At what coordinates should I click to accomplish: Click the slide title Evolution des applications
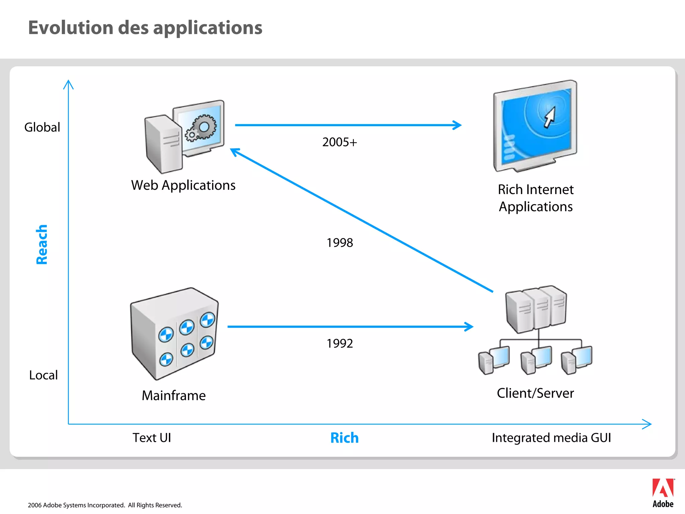click(145, 28)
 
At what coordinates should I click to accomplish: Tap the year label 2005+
click(339, 142)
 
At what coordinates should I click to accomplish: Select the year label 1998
click(339, 243)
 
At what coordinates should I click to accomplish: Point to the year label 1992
click(339, 344)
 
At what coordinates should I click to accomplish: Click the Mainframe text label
click(174, 396)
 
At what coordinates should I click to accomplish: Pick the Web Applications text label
click(183, 185)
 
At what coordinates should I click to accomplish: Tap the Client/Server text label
click(535, 393)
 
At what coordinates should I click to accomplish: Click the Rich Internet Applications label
click(535, 198)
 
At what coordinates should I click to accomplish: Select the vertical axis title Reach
click(42, 244)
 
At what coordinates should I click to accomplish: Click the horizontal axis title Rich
click(344, 438)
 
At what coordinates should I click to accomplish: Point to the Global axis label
click(42, 127)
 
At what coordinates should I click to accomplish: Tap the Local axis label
click(43, 375)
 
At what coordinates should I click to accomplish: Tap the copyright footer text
click(105, 505)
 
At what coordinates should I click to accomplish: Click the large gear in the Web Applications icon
click(204, 127)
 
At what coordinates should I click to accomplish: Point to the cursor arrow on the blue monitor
click(550, 117)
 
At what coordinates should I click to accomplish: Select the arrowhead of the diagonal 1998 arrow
click(234, 152)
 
